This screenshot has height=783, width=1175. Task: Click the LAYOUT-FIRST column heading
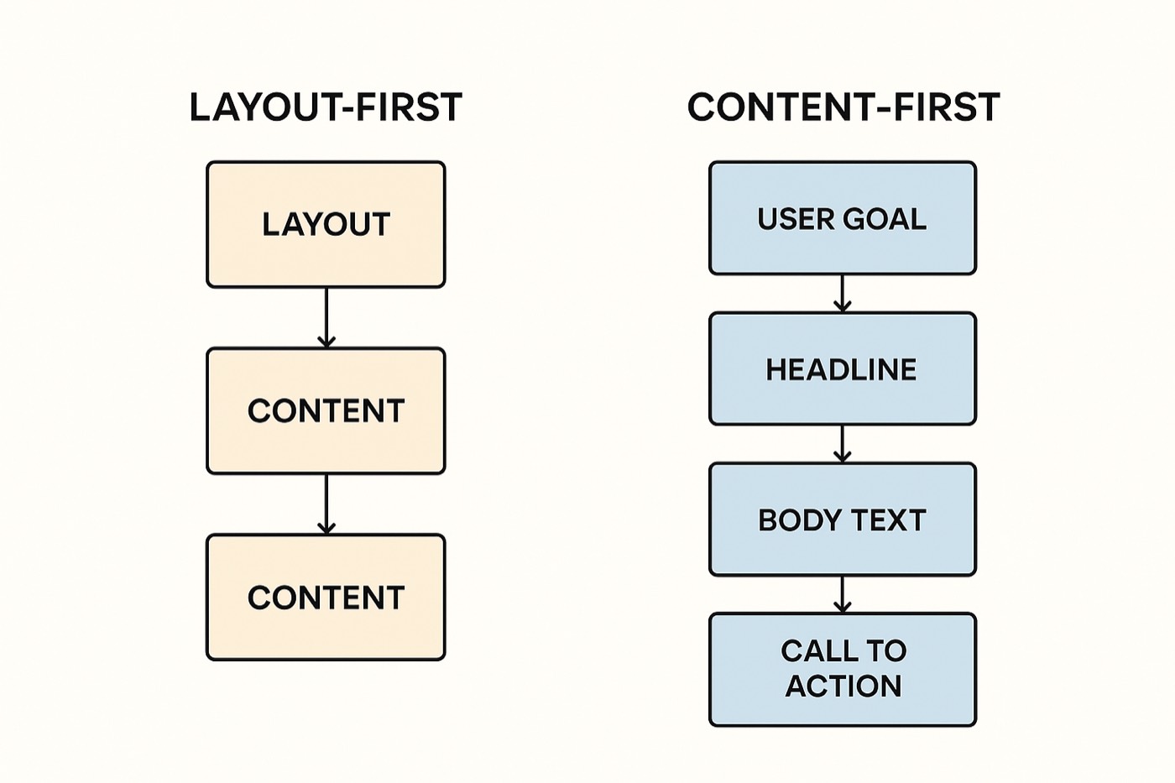point(326,107)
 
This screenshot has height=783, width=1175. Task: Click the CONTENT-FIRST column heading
point(843,107)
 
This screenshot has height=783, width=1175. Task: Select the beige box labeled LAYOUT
point(326,224)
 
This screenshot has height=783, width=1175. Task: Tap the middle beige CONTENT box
point(326,410)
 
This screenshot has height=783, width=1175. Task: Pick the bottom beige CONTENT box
point(326,598)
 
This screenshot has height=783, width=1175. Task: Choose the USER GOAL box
point(843,218)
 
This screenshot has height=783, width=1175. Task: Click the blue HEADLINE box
point(843,368)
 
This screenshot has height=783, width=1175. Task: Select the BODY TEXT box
point(843,519)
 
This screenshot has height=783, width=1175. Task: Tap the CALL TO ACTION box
point(843,670)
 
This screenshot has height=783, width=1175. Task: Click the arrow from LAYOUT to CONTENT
point(326,318)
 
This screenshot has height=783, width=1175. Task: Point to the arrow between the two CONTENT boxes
point(326,504)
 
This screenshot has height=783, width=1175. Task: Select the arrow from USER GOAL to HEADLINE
point(843,294)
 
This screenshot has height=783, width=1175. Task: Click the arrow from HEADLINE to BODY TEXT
point(843,444)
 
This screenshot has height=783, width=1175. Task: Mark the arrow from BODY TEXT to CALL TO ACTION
point(843,595)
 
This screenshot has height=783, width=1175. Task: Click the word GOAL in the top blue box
point(885,219)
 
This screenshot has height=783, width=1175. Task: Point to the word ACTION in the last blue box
point(843,686)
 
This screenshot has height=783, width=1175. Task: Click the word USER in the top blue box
point(795,219)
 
